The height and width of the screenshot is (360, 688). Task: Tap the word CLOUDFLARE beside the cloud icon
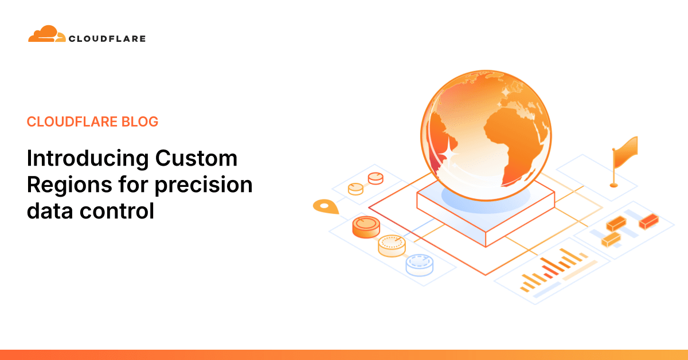[107, 39]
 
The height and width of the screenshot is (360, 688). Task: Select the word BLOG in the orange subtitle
[139, 122]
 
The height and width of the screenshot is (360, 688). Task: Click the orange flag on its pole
[626, 150]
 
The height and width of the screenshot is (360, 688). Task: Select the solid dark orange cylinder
[366, 227]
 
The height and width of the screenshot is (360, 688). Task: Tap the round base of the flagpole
[613, 185]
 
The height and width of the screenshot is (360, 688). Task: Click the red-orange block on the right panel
[648, 220]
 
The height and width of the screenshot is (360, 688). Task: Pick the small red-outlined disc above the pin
[376, 178]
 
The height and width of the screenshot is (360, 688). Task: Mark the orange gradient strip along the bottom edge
[344, 355]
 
